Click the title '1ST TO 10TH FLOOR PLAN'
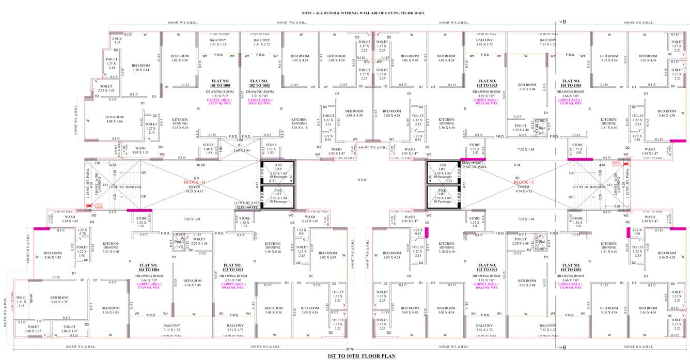pos(360,356)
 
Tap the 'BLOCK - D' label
pos(194,182)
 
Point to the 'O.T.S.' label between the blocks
pos(362,180)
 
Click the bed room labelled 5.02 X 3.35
pos(59,300)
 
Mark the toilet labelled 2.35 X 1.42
pos(106,88)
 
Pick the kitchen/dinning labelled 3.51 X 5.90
pos(111,247)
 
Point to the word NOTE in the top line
pos(309,12)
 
